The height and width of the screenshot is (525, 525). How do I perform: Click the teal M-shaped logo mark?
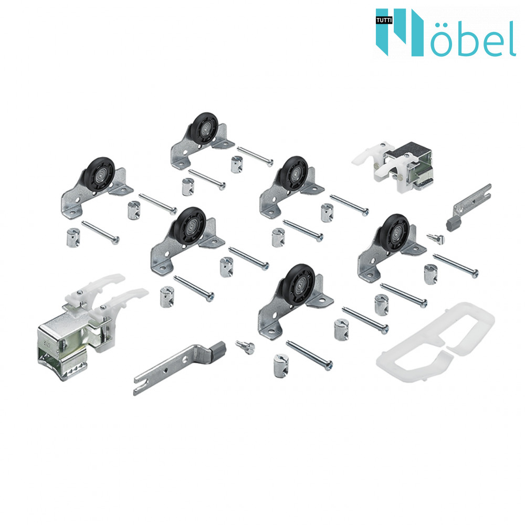(x=400, y=32)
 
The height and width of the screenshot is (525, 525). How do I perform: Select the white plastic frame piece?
(x=435, y=342)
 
